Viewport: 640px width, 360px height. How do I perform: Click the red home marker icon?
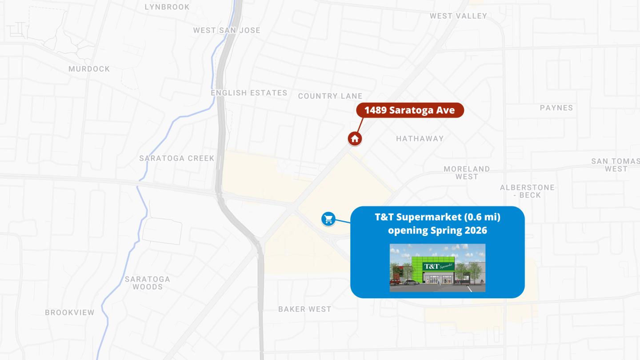point(355,139)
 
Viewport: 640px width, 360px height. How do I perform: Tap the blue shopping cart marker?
point(328,219)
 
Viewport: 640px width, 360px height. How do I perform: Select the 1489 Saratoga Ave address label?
point(410,110)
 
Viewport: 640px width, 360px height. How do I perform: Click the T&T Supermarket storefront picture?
point(437,268)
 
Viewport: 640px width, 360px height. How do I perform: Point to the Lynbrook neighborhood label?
point(167,7)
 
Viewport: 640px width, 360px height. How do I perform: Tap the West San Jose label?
point(227,30)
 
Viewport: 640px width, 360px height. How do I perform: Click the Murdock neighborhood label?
point(89,69)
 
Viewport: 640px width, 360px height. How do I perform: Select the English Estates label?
point(249,93)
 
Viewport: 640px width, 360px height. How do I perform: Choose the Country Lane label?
point(330,96)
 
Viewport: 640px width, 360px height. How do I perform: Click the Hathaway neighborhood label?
point(420,139)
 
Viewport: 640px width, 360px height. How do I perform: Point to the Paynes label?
point(556,108)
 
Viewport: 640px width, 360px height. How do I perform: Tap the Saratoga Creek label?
point(176,158)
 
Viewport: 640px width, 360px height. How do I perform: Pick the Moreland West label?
point(467,172)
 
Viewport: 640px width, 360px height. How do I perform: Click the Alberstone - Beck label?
point(527,191)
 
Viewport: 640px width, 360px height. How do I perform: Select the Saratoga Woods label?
point(147,283)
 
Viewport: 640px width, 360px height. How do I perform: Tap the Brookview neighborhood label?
point(69,312)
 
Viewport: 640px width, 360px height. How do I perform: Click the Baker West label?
point(304,309)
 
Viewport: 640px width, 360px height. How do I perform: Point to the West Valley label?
point(458,16)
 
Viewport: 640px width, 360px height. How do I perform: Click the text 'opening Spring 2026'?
point(437,230)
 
